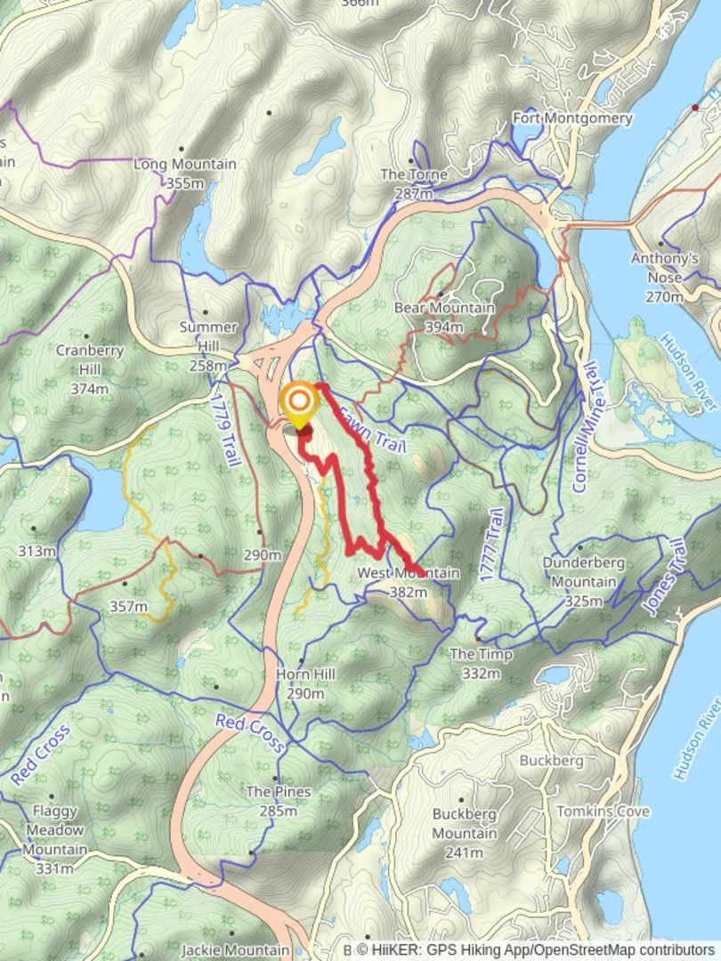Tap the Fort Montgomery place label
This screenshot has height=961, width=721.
pos(572,118)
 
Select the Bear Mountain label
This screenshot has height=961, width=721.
pos(444,309)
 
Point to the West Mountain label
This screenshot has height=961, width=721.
pos(408,573)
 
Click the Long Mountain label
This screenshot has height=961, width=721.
pos(185,165)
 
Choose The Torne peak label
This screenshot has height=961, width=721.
pos(414,175)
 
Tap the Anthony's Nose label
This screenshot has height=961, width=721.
pos(665,260)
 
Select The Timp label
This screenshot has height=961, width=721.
pos(481,655)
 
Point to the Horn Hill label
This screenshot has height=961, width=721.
pos(305,674)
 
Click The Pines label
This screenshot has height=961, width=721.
pos(279,792)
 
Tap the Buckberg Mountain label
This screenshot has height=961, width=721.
pos(465,823)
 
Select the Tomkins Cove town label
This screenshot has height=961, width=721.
pos(603,812)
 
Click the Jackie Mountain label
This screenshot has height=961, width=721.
pos(236,950)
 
